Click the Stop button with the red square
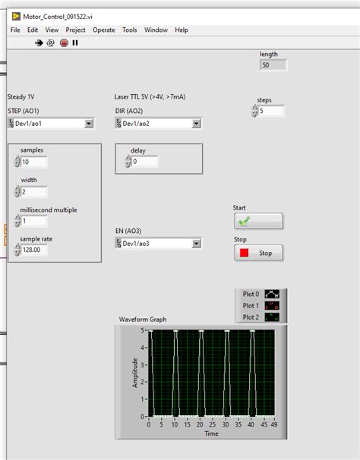258,253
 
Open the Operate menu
104,30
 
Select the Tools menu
130,30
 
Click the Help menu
182,30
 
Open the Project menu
75,30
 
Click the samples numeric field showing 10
34,162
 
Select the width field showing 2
34,191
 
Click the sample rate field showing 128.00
34,250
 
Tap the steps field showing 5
271,111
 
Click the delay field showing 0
144,162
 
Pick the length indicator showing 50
273,65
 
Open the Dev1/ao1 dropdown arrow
89,123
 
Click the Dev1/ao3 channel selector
158,243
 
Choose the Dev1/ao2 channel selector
158,123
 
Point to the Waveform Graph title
143,320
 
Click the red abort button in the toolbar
64,43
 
